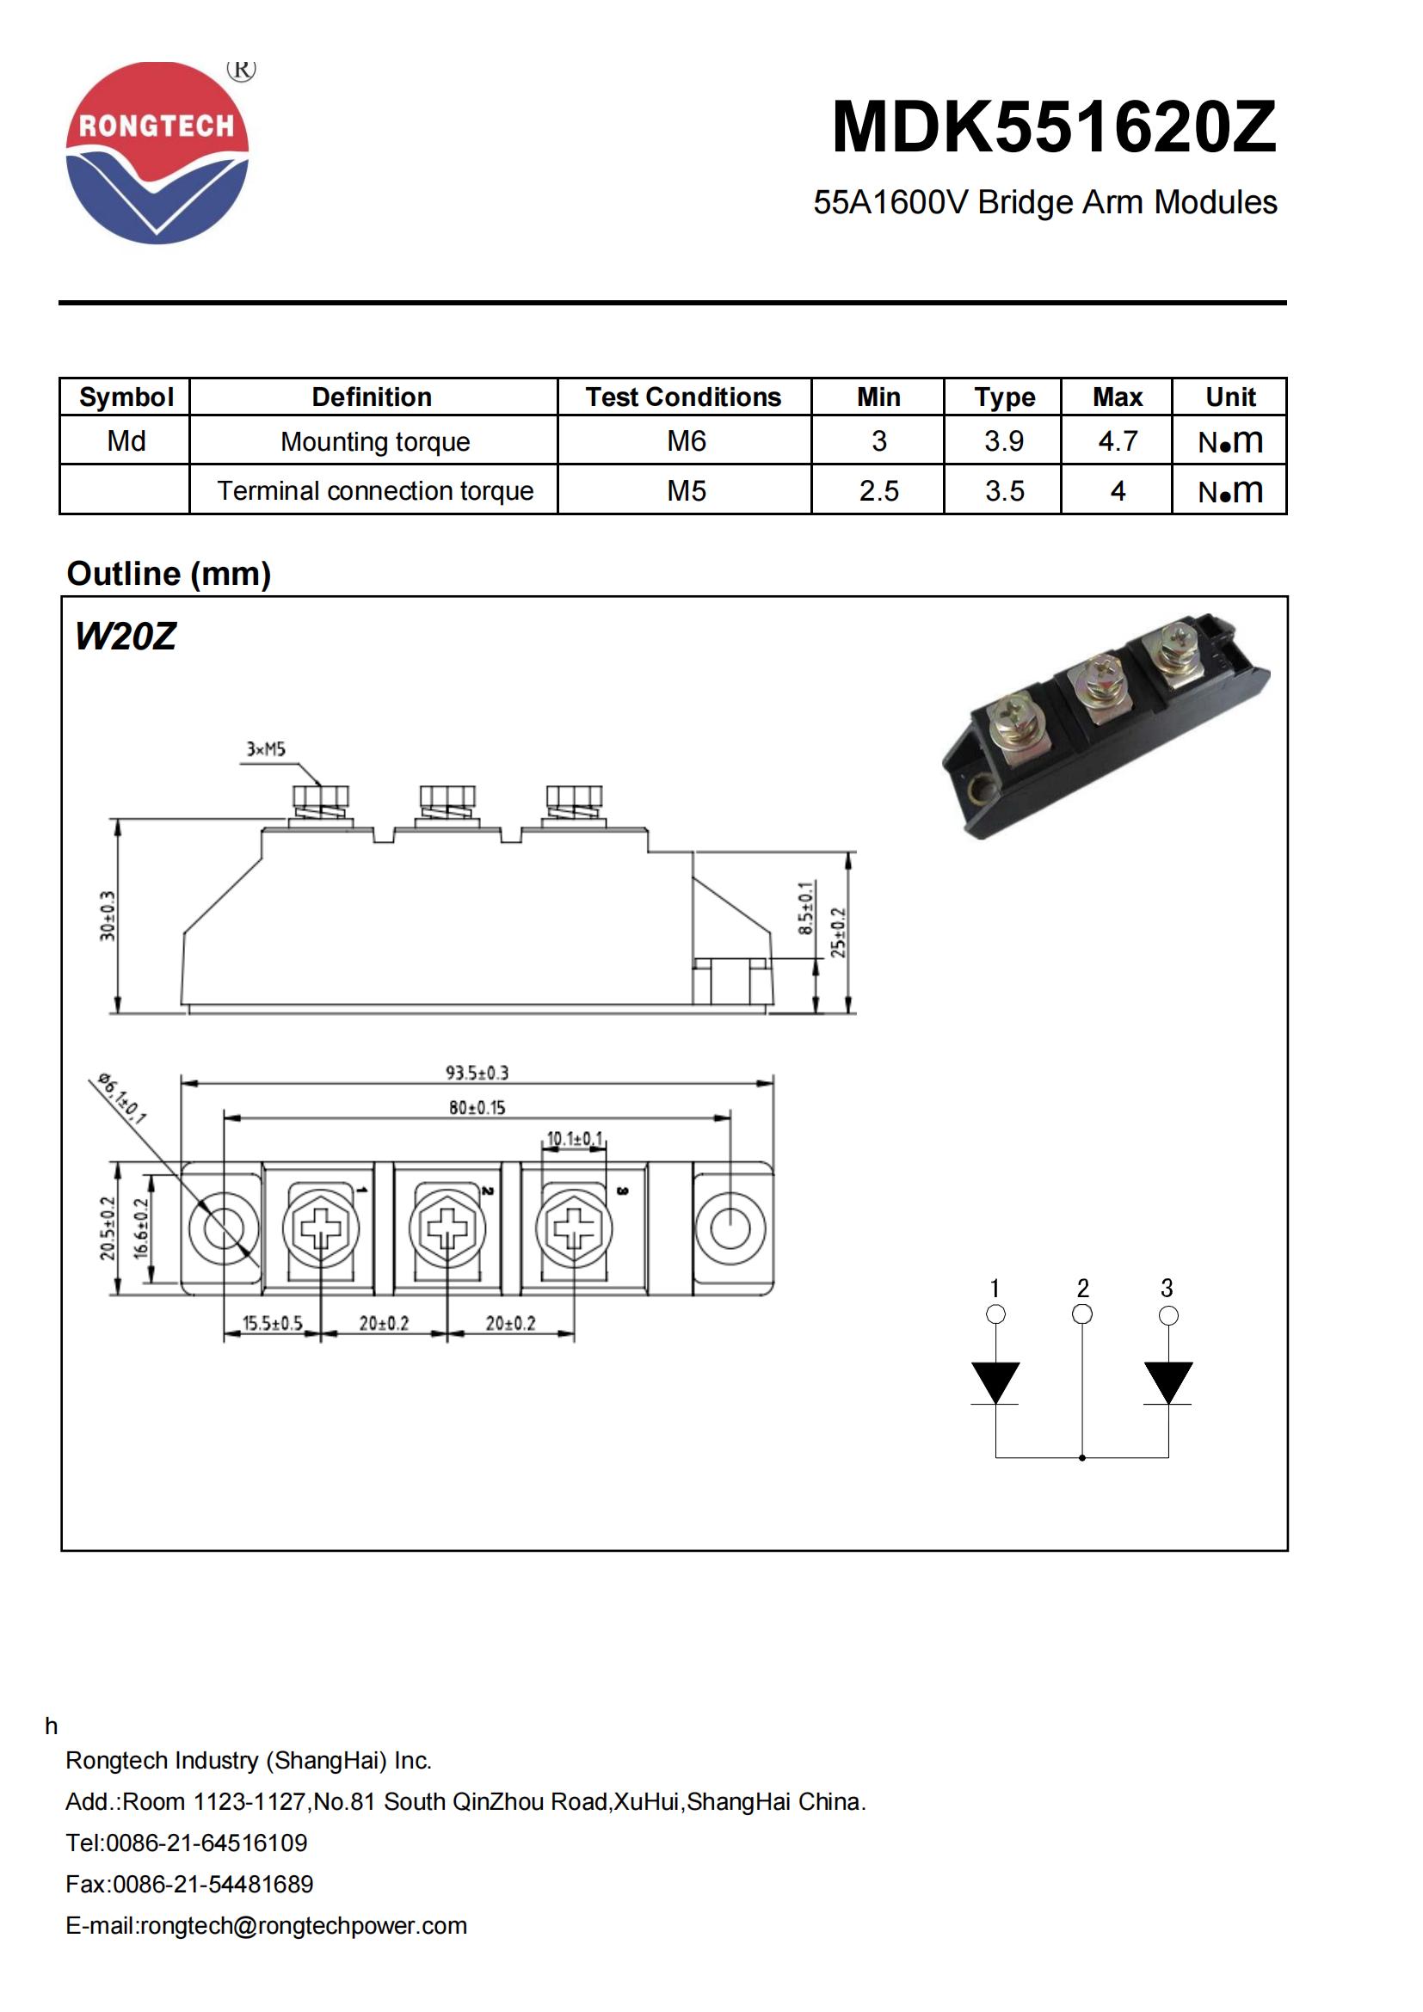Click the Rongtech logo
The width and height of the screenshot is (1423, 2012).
(x=157, y=152)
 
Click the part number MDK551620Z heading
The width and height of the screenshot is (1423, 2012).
(x=1053, y=128)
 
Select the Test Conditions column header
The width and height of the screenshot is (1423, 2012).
(x=682, y=397)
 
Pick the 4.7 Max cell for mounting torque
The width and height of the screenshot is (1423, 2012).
(x=1118, y=440)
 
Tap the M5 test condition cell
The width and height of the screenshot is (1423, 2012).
(x=686, y=490)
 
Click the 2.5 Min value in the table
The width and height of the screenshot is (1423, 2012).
(x=878, y=490)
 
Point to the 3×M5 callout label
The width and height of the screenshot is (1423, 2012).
(x=266, y=749)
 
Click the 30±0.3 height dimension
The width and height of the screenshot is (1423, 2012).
(x=107, y=916)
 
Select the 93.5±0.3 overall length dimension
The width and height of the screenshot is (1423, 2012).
(x=477, y=1073)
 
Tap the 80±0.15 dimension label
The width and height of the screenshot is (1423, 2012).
(x=477, y=1108)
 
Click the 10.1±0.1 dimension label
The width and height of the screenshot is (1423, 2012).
(x=575, y=1138)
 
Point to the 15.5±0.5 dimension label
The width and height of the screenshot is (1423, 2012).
(x=272, y=1323)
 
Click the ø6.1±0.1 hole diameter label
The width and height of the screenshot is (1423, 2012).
(x=121, y=1097)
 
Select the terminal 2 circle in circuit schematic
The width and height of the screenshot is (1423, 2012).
(x=1082, y=1314)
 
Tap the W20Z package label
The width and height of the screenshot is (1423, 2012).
(x=126, y=637)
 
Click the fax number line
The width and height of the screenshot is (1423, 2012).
(x=189, y=1884)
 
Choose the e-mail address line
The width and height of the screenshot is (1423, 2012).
(x=267, y=1925)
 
